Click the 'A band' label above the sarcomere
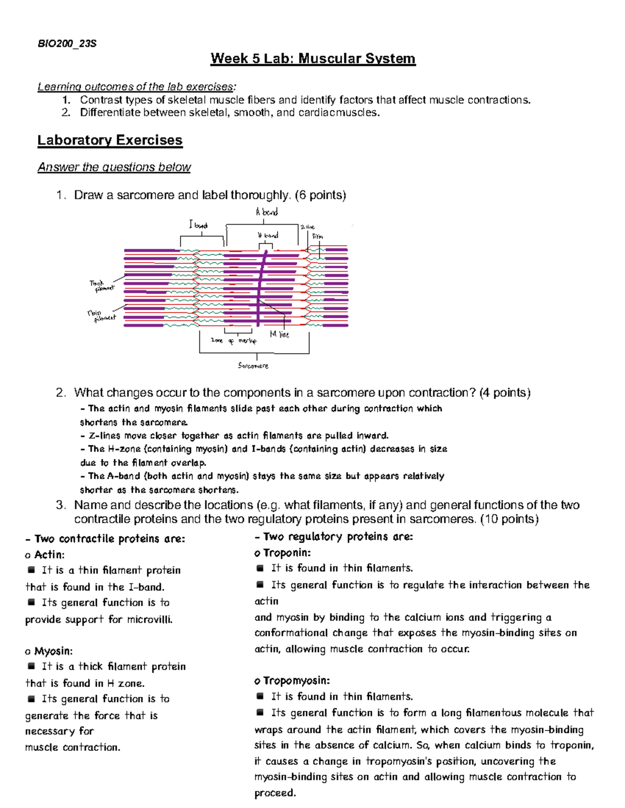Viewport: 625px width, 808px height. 267,212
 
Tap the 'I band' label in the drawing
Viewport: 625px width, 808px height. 198,225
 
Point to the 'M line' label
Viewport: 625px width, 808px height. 279,335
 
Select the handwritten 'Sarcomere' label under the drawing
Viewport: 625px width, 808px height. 253,366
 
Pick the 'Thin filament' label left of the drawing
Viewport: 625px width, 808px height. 102,316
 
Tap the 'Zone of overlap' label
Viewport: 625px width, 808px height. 233,341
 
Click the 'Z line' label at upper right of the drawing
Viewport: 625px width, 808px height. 307,227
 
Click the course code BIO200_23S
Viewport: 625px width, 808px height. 67,44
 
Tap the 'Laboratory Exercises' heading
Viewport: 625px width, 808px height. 110,140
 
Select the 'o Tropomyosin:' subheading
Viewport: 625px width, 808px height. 292,681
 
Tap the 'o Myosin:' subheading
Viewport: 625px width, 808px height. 49,651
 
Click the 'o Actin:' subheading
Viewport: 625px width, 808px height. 45,555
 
